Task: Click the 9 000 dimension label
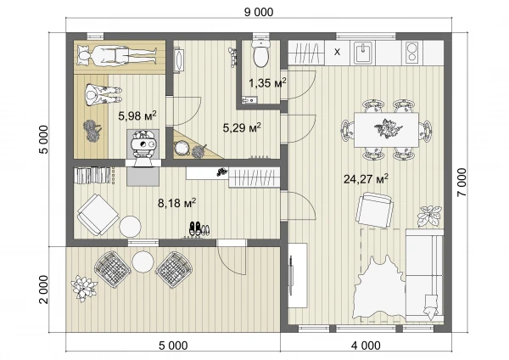(x=259, y=13)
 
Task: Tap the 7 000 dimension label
(x=461, y=182)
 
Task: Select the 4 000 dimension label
(x=366, y=346)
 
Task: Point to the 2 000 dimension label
(x=43, y=290)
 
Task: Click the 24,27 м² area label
(x=366, y=178)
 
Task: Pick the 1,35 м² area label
(x=267, y=83)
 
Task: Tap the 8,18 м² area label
(x=176, y=203)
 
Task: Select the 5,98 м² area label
(x=137, y=115)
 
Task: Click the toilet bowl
(x=260, y=53)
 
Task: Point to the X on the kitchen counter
(x=338, y=52)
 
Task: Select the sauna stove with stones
(x=143, y=144)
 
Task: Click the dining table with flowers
(x=386, y=130)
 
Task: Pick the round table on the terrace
(x=143, y=262)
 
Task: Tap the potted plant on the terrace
(x=84, y=288)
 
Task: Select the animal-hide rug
(x=379, y=287)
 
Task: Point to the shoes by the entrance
(x=199, y=228)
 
